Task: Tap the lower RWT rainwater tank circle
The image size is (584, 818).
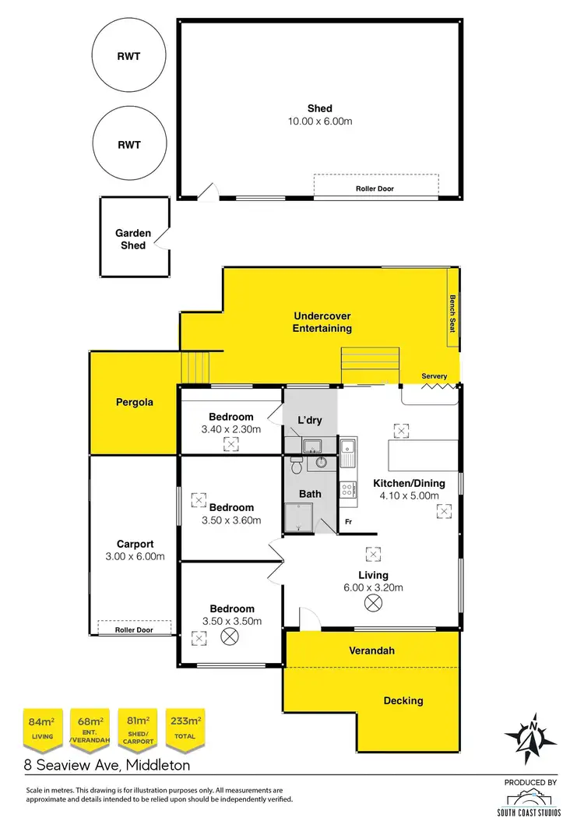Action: tap(129, 145)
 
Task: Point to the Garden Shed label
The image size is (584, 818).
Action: tap(131, 239)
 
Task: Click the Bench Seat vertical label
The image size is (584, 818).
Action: tap(451, 313)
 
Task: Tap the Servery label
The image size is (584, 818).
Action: tap(434, 377)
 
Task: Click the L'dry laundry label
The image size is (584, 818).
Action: tap(310, 421)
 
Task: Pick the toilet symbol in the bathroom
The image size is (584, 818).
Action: tap(296, 465)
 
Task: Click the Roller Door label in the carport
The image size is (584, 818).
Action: tap(134, 629)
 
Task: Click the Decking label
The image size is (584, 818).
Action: tap(403, 700)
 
